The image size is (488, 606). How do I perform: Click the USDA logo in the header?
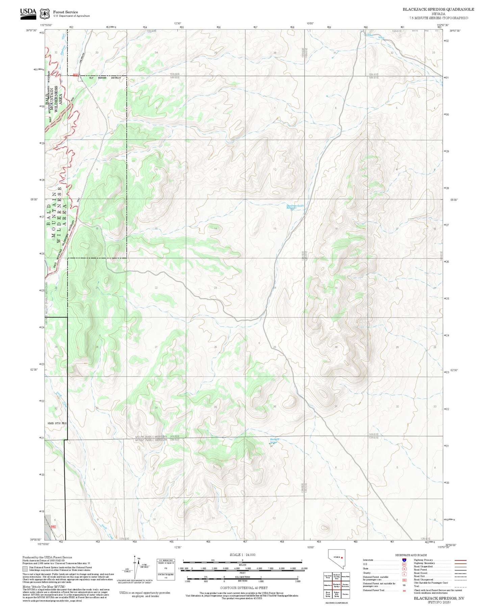28,12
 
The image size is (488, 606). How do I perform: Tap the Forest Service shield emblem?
45,14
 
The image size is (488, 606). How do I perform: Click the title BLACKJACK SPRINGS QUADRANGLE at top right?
438,9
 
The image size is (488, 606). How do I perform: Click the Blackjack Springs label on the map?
274,440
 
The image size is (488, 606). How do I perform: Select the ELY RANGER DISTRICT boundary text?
105,78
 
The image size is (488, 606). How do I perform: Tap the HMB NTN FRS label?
57,423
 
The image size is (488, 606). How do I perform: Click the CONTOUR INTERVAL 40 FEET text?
243,588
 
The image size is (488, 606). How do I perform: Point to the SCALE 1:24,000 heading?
242,555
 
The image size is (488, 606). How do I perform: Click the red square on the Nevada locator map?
342,558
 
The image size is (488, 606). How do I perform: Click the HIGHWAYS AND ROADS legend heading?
411,555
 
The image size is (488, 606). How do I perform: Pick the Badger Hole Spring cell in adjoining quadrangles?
336,594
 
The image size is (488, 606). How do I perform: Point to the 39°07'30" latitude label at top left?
33,30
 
